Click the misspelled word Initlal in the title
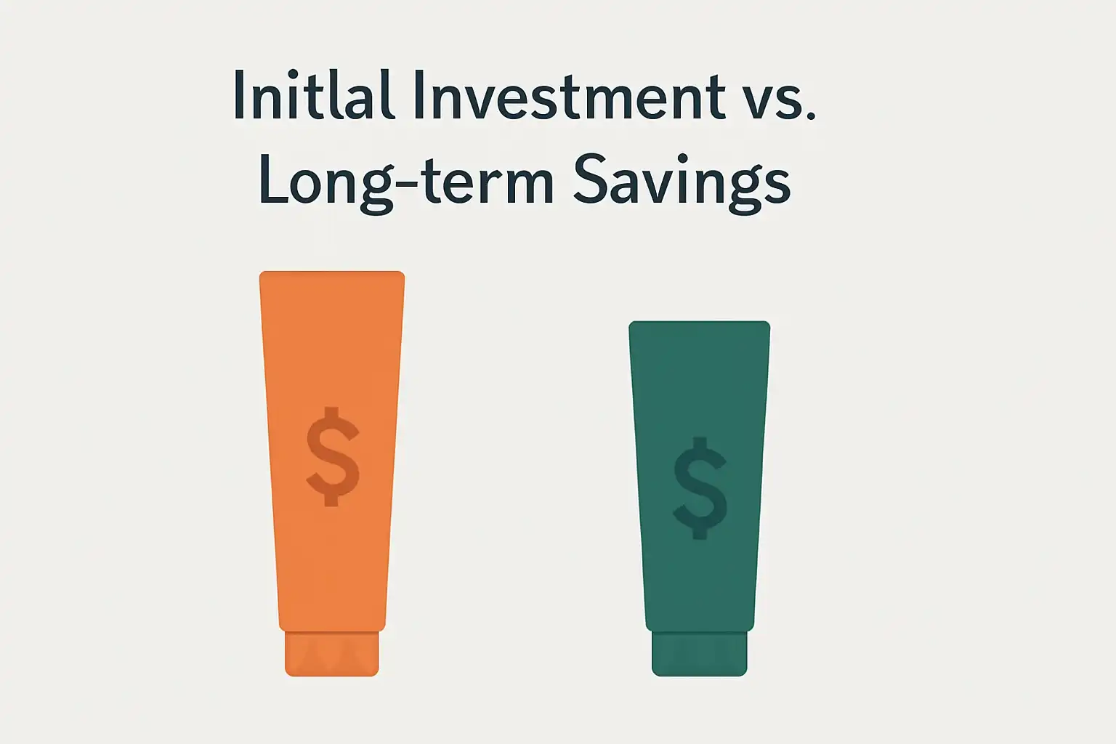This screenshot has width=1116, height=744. point(314,94)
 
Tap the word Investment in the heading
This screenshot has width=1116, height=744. point(570,94)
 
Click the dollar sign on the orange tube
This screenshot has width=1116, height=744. point(332,456)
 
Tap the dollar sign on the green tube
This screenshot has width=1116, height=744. point(700,488)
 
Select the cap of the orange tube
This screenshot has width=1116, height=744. point(332,654)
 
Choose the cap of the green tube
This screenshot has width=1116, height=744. point(700,654)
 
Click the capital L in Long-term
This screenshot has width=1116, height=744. point(273,179)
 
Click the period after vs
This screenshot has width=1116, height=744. point(811,116)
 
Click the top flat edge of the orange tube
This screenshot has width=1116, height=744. point(332,272)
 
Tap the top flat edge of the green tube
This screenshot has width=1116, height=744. point(700,322)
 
